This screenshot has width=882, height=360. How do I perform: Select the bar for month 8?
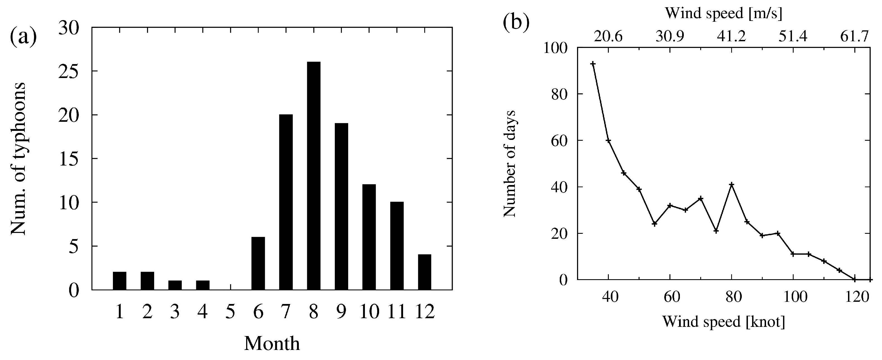(x=314, y=176)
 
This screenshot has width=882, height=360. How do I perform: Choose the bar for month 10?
(x=369, y=237)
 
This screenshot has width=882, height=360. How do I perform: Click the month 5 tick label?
(x=231, y=312)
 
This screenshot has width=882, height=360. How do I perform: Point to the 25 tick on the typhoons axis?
(x=69, y=71)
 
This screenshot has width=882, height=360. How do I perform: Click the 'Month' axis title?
(x=272, y=343)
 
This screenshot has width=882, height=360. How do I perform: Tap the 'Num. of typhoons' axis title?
(x=18, y=159)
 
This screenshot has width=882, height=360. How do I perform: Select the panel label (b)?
(x=516, y=22)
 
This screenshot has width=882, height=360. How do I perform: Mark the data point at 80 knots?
(x=732, y=184)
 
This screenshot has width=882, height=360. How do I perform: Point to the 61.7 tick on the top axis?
(x=855, y=36)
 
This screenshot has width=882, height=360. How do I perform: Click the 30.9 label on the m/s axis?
(x=670, y=36)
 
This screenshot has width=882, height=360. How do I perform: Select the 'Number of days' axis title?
(x=510, y=164)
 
